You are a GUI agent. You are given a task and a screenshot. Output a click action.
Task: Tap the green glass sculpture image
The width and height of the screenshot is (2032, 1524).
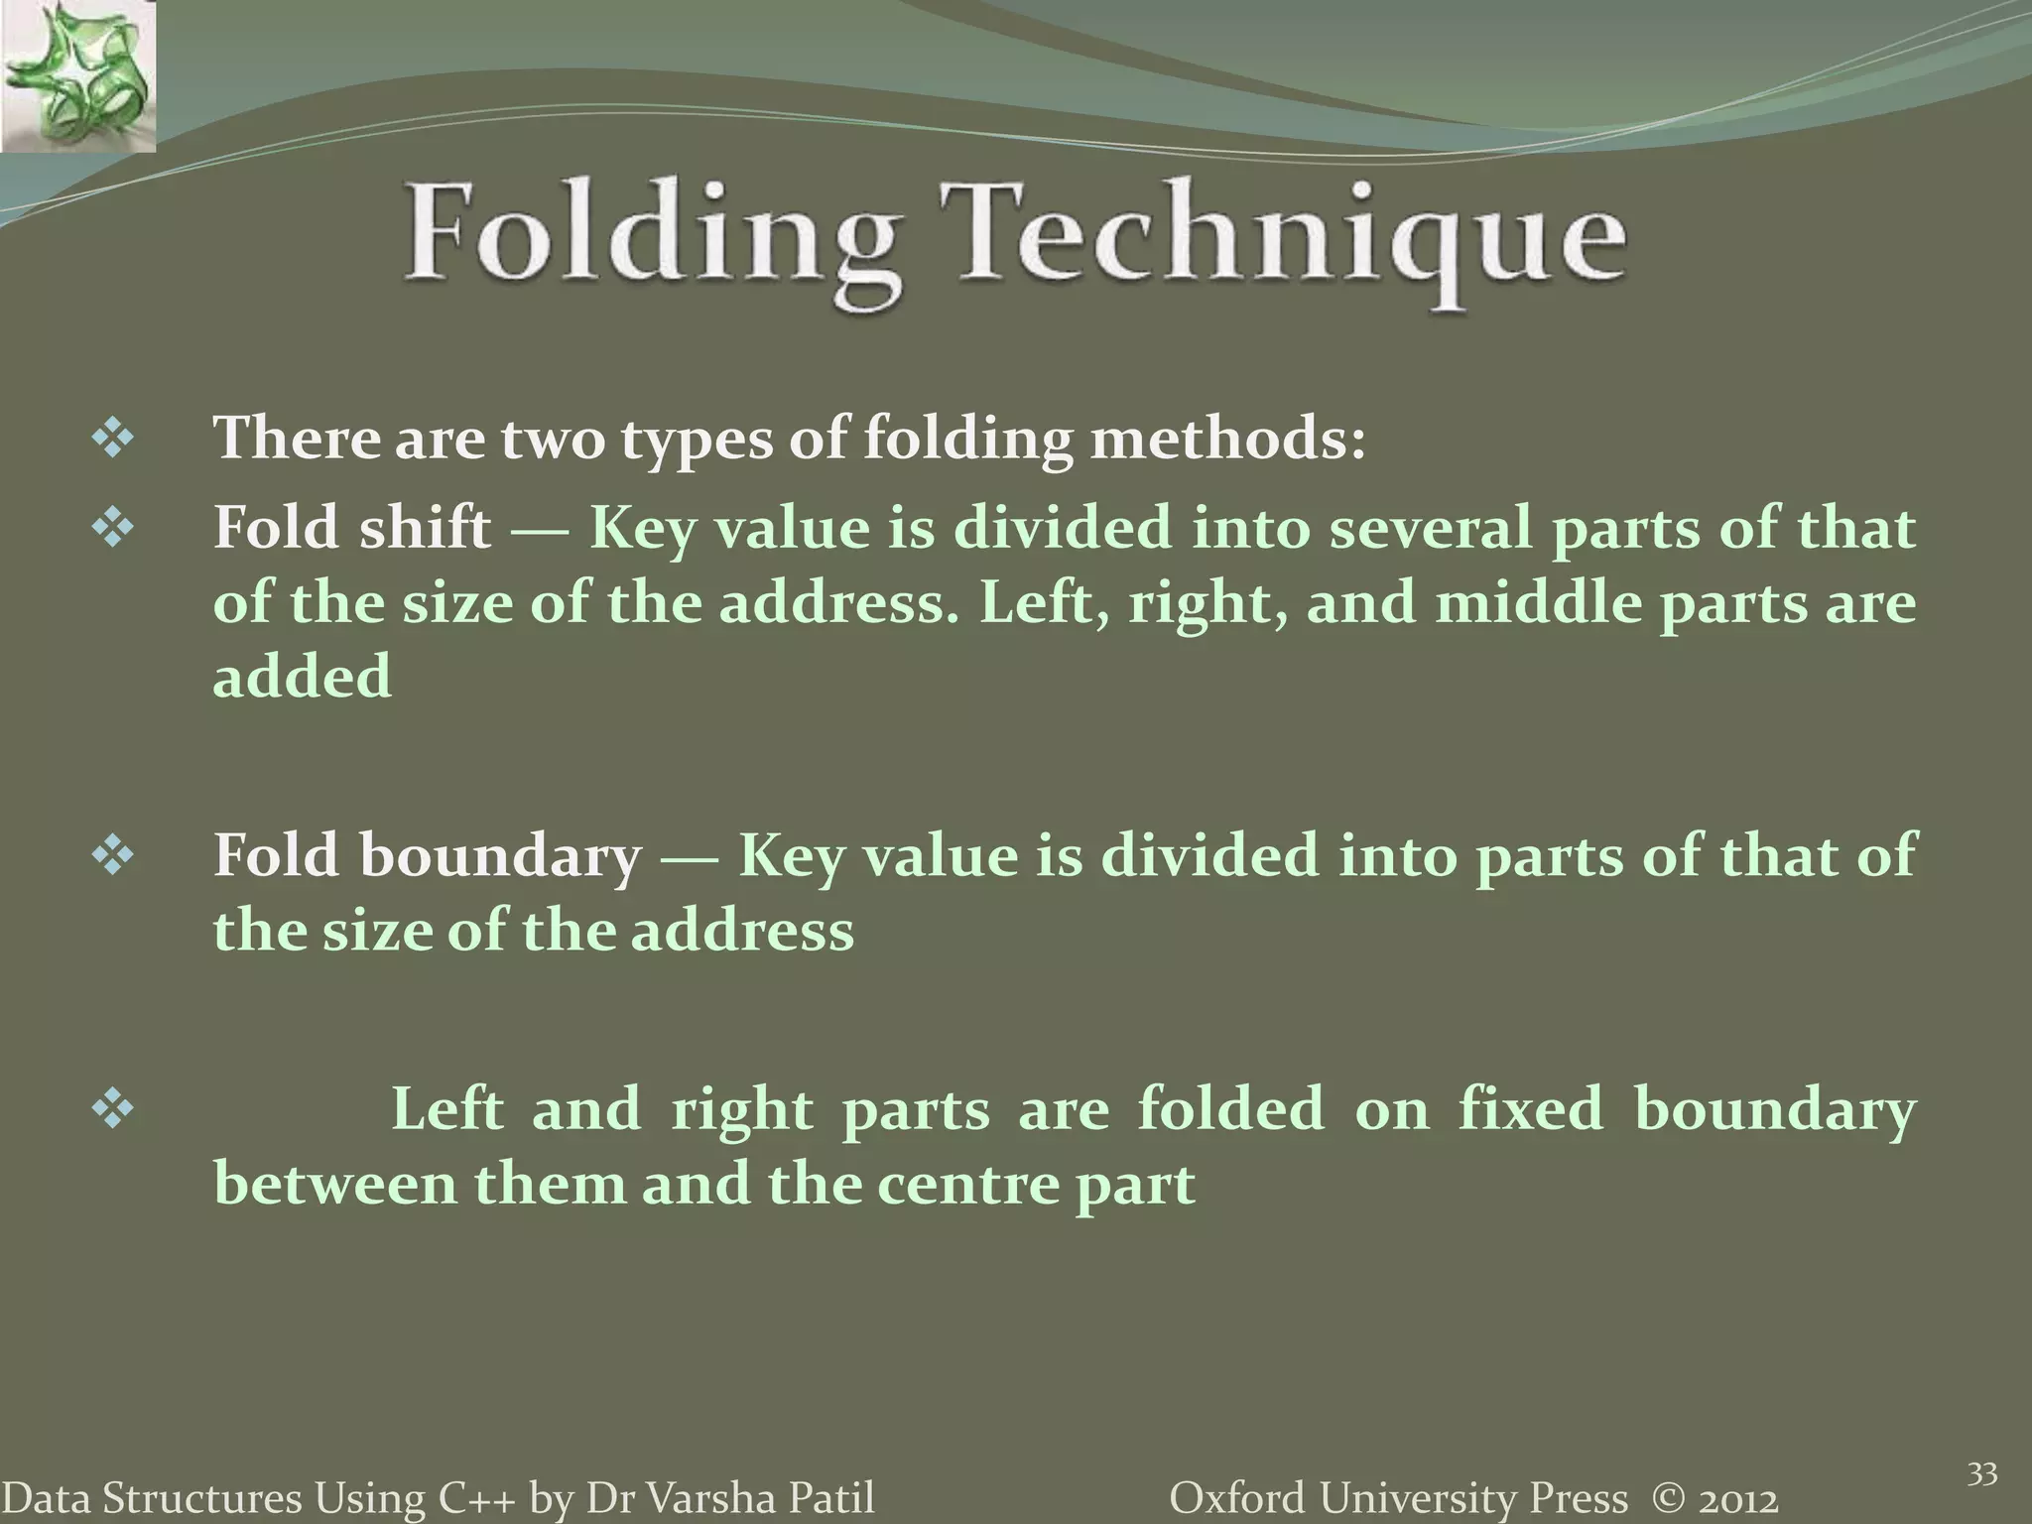77,75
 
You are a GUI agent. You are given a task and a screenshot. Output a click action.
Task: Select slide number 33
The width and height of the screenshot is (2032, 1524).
1981,1474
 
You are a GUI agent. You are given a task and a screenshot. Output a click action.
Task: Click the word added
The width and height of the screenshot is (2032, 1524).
303,678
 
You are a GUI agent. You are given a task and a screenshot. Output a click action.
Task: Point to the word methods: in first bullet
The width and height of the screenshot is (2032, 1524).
1228,438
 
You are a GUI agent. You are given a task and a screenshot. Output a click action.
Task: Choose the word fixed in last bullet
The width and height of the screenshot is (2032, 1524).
1530,1108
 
